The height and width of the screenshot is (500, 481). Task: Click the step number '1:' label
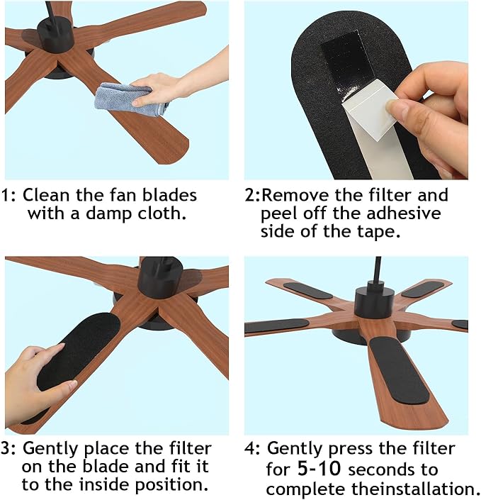[11, 195]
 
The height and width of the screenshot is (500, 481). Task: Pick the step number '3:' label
[11, 449]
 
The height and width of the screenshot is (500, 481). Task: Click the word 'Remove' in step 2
[298, 195]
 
